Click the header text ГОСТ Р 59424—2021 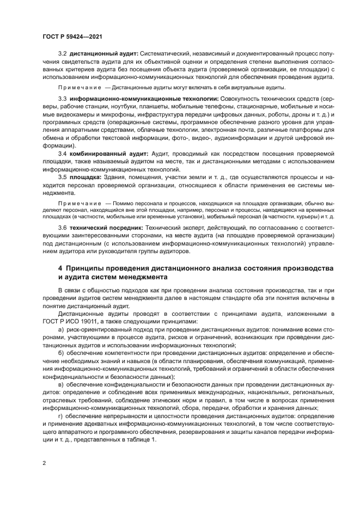(x=72, y=36)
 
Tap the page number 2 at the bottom (x=44, y=463)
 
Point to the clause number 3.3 (x=63, y=99)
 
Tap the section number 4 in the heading (x=60, y=269)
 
